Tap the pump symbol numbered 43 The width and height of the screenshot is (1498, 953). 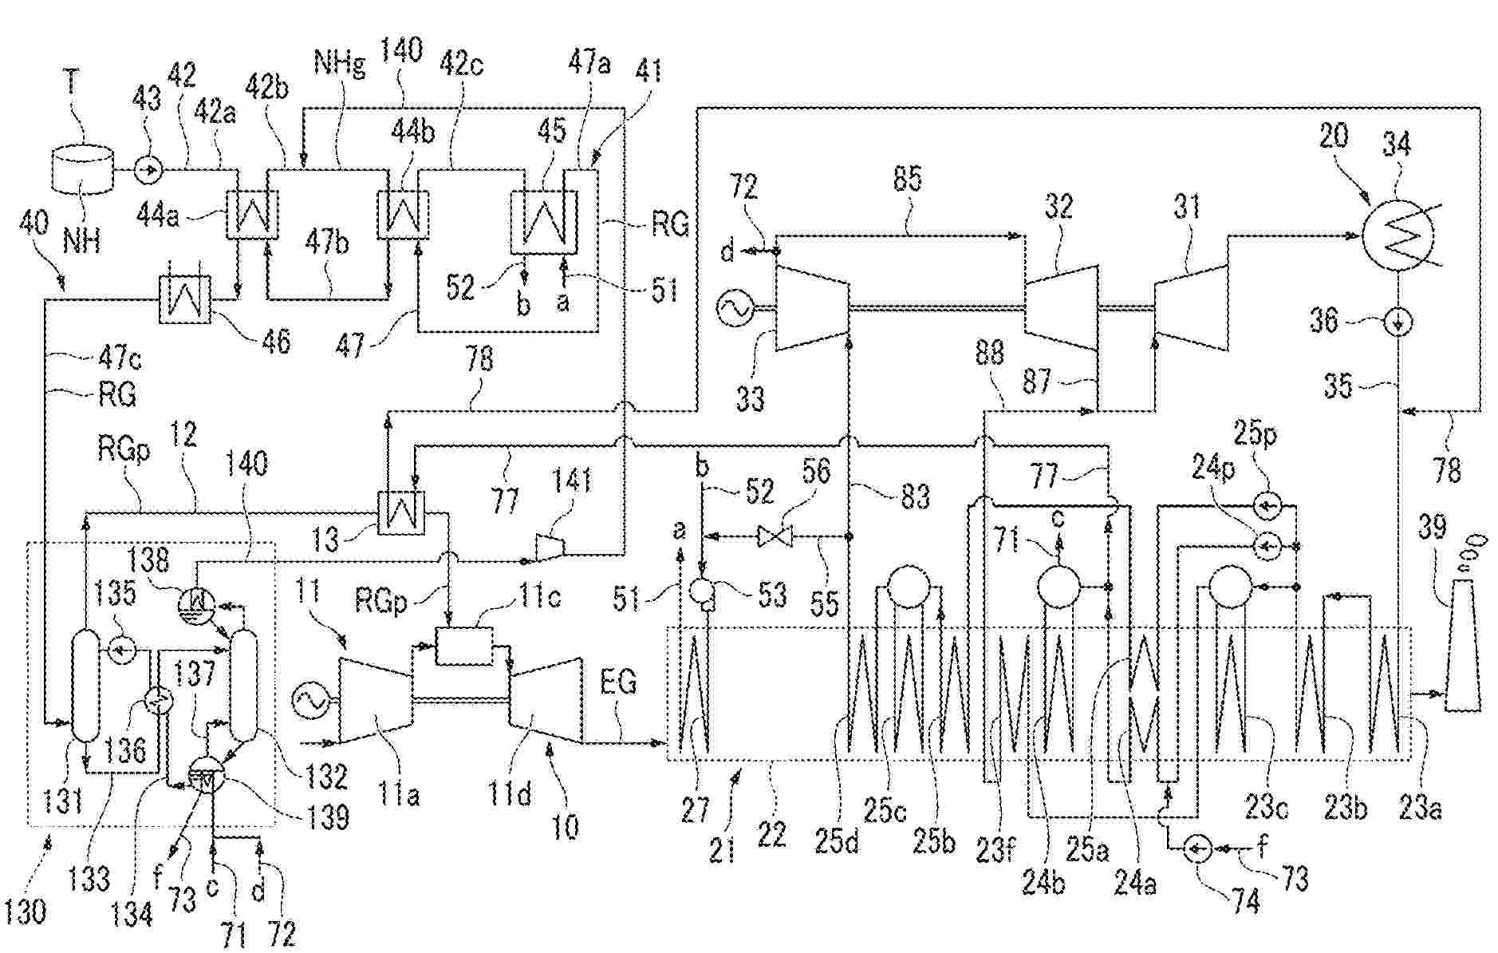(x=148, y=169)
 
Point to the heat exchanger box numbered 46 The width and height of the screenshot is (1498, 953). (x=185, y=299)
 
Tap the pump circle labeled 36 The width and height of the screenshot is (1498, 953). (x=1397, y=322)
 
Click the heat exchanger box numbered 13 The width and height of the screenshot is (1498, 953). (x=401, y=512)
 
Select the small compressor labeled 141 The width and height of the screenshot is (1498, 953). (x=550, y=547)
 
